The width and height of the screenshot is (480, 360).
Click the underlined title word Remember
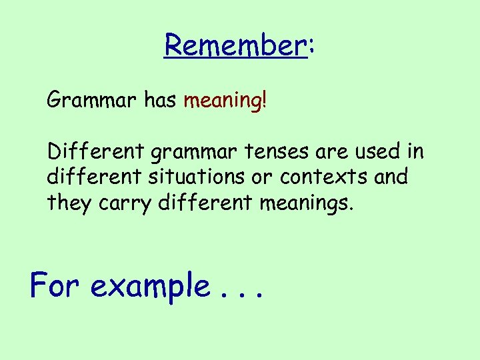point(235,45)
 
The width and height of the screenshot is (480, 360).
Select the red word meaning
point(222,101)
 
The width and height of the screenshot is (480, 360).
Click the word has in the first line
point(160,101)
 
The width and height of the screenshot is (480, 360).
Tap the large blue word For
point(55,285)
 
